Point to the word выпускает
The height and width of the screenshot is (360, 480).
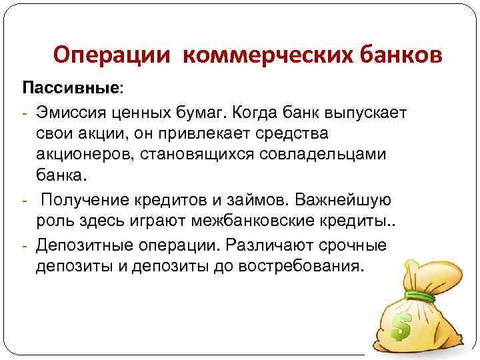coord(369,111)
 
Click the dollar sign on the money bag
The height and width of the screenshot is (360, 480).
coord(401,325)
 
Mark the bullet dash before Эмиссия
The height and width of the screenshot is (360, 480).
coord(24,111)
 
